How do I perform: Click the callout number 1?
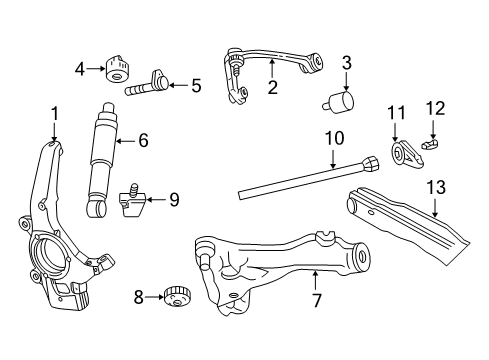(54, 114)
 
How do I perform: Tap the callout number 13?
(436, 187)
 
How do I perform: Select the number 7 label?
(316, 300)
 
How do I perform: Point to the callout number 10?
(334, 138)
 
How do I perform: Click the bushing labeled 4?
(118, 69)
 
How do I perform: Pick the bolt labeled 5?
(147, 85)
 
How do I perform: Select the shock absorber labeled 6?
(101, 160)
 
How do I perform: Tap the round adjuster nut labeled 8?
(177, 297)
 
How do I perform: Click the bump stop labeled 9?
(132, 200)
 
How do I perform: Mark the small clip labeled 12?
(431, 144)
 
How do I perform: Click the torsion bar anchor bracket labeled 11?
(407, 154)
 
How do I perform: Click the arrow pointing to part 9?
(156, 200)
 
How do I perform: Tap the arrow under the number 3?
(346, 81)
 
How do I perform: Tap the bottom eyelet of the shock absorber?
(97, 208)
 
